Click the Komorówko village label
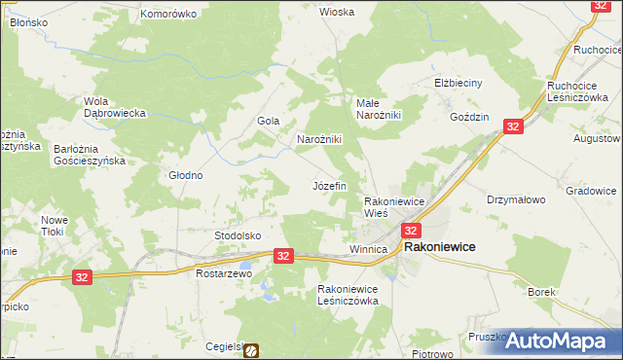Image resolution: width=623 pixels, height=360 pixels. [168, 14]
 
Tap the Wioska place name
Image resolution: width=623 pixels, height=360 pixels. [337, 12]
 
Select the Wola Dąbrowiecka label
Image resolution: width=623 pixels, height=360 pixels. [115, 107]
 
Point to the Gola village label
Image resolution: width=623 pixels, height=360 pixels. [268, 121]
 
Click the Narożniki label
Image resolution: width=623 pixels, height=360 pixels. [318, 139]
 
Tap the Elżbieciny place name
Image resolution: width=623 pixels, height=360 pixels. [458, 83]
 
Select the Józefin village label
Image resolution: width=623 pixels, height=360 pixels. [328, 185]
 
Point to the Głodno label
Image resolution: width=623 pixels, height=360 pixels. [185, 176]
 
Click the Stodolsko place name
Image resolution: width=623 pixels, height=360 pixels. [238, 235]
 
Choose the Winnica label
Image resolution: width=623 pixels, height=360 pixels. [368, 250]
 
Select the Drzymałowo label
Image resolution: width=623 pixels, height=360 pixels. [516, 198]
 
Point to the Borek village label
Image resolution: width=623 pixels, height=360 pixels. [541, 291]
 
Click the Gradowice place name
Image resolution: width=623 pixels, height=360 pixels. [592, 191]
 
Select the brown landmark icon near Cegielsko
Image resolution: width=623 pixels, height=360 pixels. [251, 350]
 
